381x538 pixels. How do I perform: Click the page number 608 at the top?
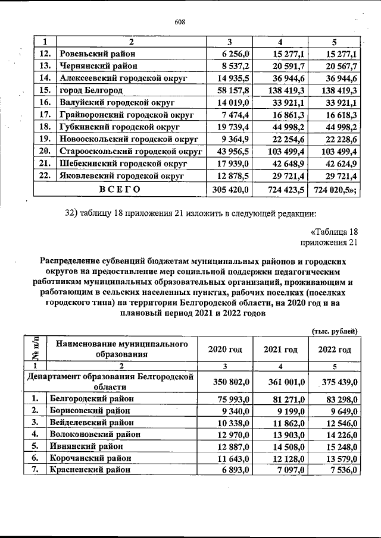click(180, 22)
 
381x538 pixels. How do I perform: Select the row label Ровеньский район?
click(97, 54)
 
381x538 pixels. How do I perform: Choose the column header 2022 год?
click(335, 349)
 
